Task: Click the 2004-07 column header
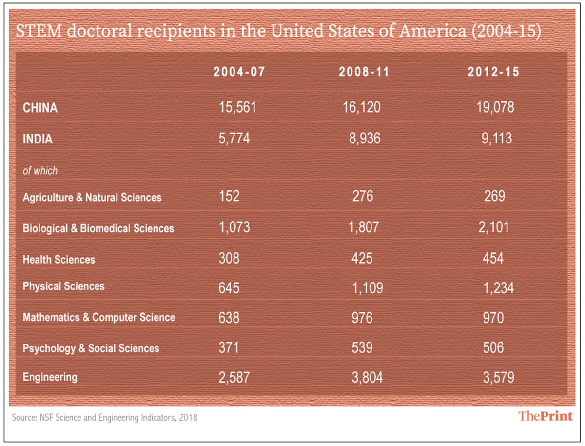[x=239, y=72]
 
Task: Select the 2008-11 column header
[x=365, y=72]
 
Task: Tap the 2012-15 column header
[x=493, y=72]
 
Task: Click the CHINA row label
[x=40, y=108]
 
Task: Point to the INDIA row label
[x=38, y=139]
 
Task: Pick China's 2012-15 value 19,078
[x=495, y=107]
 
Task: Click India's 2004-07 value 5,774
[x=234, y=139]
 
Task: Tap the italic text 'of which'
[x=40, y=171]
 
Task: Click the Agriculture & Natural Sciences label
[x=92, y=198]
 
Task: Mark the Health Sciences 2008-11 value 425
[x=362, y=258]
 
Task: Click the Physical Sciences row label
[x=63, y=286]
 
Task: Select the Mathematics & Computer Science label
[x=98, y=317]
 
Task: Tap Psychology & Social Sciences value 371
[x=230, y=348]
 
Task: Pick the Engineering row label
[x=50, y=377]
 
